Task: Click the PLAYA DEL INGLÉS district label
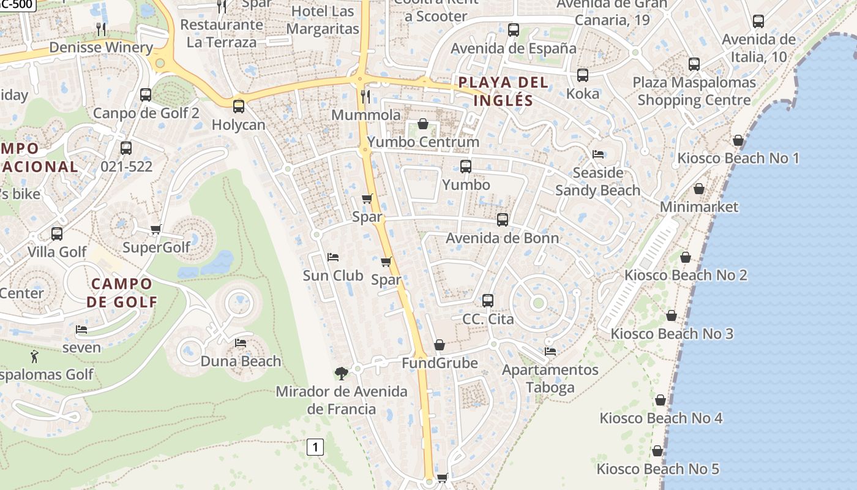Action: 503,91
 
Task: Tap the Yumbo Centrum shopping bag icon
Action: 422,124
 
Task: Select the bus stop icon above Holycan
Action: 238,106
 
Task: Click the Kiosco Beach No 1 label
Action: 738,158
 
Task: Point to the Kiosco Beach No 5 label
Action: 658,469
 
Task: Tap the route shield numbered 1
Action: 315,447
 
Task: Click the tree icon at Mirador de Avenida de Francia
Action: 342,372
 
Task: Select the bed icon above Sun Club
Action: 333,257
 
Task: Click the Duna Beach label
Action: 241,361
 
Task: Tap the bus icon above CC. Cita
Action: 487,300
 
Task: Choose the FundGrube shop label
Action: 440,363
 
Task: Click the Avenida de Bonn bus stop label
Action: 502,238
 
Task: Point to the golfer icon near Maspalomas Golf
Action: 34,356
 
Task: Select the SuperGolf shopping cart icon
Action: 155,230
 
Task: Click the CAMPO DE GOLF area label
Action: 121,292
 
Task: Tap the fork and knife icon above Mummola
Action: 365,96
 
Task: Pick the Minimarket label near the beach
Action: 699,207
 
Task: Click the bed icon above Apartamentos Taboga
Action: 550,352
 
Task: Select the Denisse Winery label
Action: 101,47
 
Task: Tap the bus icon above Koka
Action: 582,75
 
